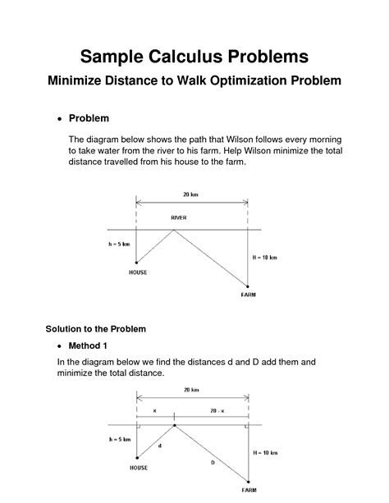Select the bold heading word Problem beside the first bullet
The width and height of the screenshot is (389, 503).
pyautogui.click(x=89, y=118)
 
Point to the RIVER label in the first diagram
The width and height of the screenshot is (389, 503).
pyautogui.click(x=179, y=217)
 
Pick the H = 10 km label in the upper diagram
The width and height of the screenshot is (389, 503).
pyautogui.click(x=265, y=258)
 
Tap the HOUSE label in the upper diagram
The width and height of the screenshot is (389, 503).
pyautogui.click(x=138, y=272)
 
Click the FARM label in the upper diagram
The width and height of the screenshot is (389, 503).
pyautogui.click(x=249, y=294)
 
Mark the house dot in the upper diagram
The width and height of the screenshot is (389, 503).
pyautogui.click(x=136, y=263)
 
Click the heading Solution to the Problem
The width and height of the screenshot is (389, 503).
pyautogui.click(x=95, y=329)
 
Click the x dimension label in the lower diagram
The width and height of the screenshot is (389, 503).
pyautogui.click(x=155, y=409)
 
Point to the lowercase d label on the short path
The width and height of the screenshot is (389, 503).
pyautogui.click(x=159, y=446)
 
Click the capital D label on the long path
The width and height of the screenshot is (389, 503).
pyautogui.click(x=212, y=463)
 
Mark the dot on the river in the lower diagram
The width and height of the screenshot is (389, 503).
pyautogui.click(x=174, y=425)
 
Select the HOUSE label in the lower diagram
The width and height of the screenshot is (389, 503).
pyautogui.click(x=139, y=468)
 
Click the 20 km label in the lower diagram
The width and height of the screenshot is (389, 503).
pyautogui.click(x=191, y=390)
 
